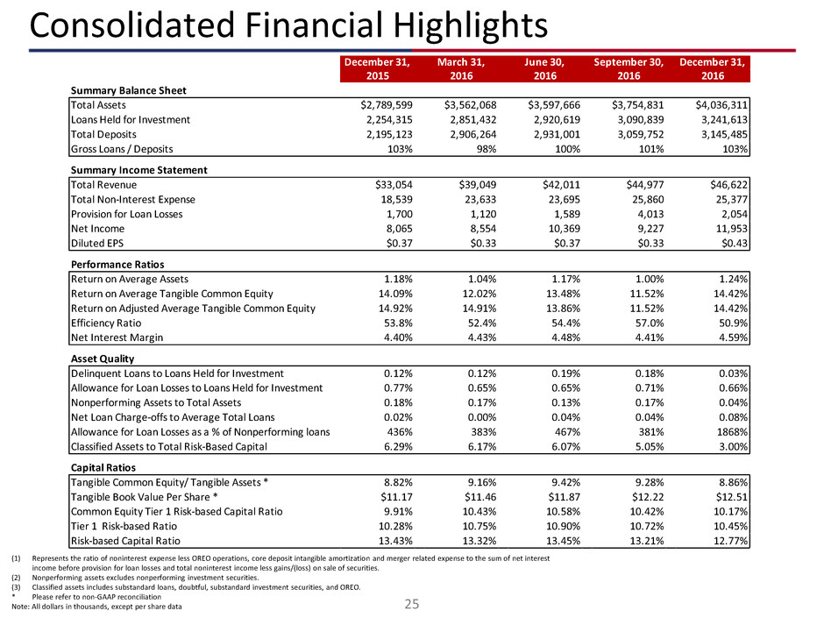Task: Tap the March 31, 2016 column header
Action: click(x=461, y=69)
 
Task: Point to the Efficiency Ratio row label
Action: click(x=109, y=319)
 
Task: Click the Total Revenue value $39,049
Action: click(x=462, y=185)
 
